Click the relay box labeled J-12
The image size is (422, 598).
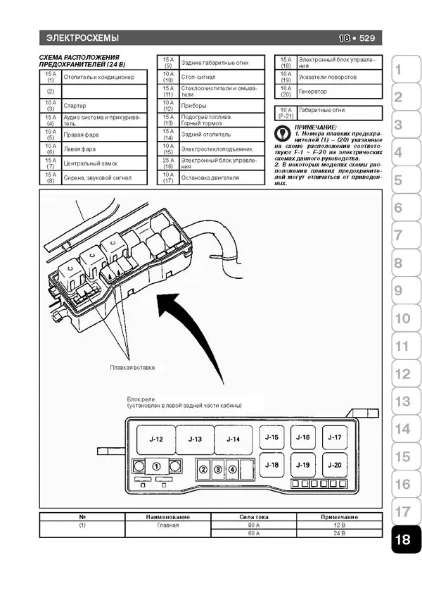coord(156,439)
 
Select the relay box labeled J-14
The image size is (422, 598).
coord(233,439)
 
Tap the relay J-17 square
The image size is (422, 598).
coord(335,437)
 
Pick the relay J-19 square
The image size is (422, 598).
coord(303,465)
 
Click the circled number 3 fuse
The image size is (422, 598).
coord(218,469)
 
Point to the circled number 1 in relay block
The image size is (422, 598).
coord(157,466)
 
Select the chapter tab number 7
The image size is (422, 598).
coord(398,235)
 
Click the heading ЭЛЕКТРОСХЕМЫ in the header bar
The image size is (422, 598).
coord(82,38)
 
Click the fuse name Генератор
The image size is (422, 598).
coord(313,92)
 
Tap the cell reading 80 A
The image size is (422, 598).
coord(253,525)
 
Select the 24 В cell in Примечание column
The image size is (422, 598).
coord(340,533)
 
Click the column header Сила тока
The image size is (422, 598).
coord(253,516)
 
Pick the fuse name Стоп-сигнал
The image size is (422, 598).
coord(198,76)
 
